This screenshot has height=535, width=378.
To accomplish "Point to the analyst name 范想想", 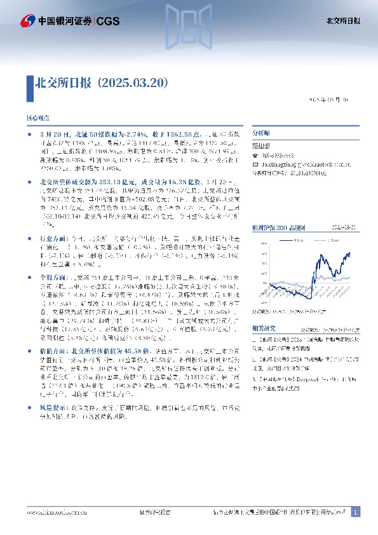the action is [x=261, y=144].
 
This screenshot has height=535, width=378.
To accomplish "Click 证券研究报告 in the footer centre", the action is [x=154, y=512].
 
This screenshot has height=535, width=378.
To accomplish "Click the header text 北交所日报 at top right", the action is [x=347, y=21].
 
